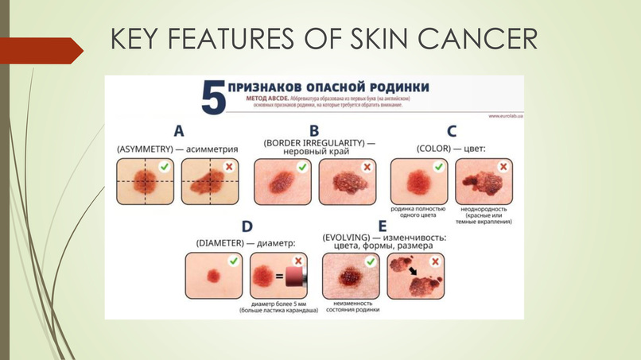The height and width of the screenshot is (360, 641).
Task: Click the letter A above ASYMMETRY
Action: click(178, 130)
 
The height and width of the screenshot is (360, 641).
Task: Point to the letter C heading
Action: click(451, 130)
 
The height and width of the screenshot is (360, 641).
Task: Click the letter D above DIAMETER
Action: click(247, 226)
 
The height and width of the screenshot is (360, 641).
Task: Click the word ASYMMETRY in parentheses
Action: click(146, 149)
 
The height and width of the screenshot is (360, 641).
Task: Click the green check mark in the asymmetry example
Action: click(164, 167)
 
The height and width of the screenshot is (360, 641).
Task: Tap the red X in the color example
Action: click(503, 167)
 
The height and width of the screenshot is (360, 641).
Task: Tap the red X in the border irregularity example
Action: click(367, 167)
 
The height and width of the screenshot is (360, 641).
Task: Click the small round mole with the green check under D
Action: click(212, 276)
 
